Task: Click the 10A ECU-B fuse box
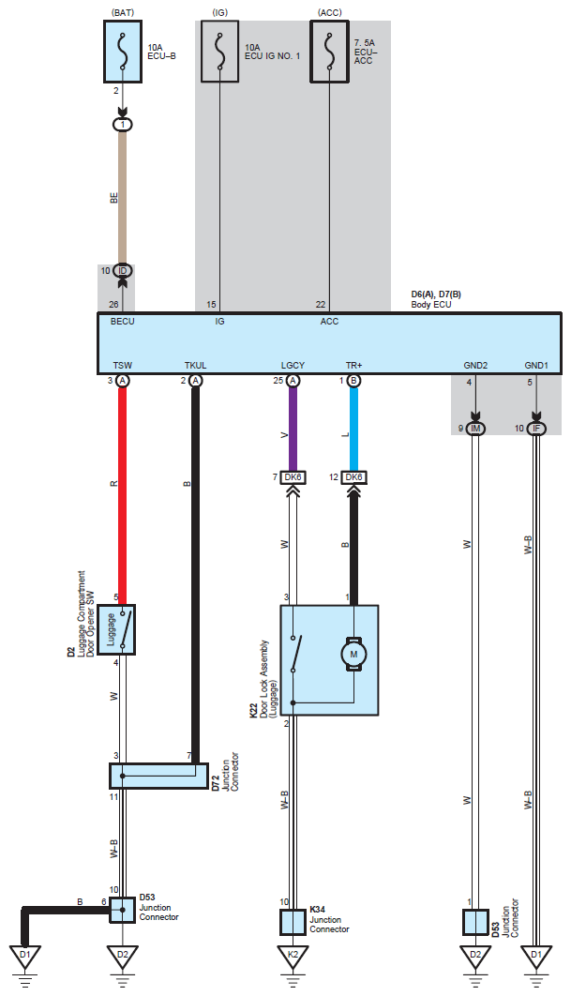coord(123,52)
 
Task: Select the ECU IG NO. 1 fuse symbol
coord(219,52)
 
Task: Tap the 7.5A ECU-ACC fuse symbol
coord(330,52)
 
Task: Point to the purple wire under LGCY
coord(293,430)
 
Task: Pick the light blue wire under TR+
coord(353,430)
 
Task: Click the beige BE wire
coord(123,198)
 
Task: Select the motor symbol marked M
coord(353,655)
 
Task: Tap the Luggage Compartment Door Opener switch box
coord(120,629)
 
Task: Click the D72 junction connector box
coord(158,777)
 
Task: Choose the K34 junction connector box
coord(293,922)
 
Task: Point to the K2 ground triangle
coord(293,957)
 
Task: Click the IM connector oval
coord(475,429)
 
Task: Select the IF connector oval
coord(536,429)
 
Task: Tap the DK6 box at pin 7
coord(293,477)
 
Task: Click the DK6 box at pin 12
coord(353,477)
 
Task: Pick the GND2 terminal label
coord(475,365)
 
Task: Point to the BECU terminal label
coord(123,322)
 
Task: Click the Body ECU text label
coord(431,305)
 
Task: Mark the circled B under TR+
coord(353,381)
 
